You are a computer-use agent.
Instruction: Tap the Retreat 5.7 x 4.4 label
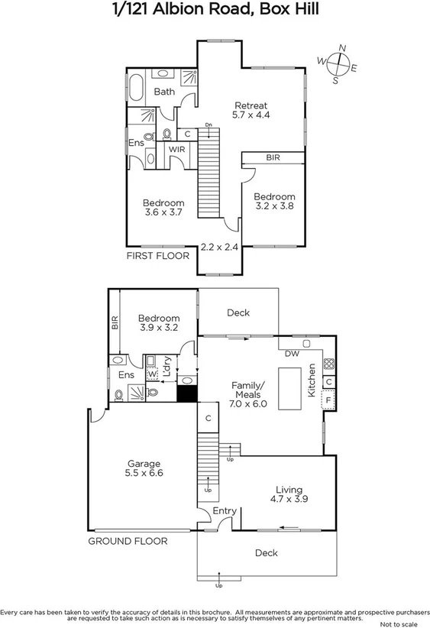coord(252,110)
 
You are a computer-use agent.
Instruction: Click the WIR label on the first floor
coord(177,149)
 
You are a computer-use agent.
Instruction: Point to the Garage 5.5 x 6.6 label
coord(144,468)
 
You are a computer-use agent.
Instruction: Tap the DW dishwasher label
coord(290,354)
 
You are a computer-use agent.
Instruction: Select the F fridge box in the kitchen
coord(328,400)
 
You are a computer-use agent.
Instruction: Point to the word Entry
coord(225,511)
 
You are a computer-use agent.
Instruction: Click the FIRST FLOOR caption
coord(157,257)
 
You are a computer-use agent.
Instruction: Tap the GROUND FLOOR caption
coord(128,541)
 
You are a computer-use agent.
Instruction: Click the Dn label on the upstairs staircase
coord(208,125)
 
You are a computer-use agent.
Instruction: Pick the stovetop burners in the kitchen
coord(329,364)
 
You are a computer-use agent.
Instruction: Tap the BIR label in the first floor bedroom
coord(273,157)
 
